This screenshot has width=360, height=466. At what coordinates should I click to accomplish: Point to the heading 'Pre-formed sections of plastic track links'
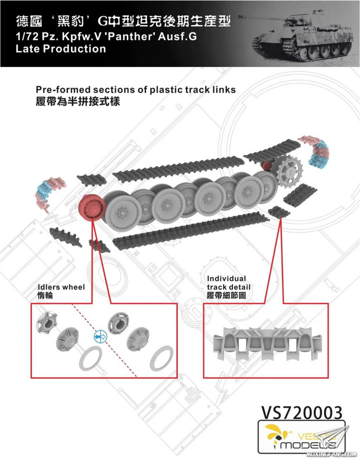pyautogui.click(x=136, y=90)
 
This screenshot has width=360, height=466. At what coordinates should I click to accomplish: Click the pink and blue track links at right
pyautogui.click(x=317, y=152)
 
